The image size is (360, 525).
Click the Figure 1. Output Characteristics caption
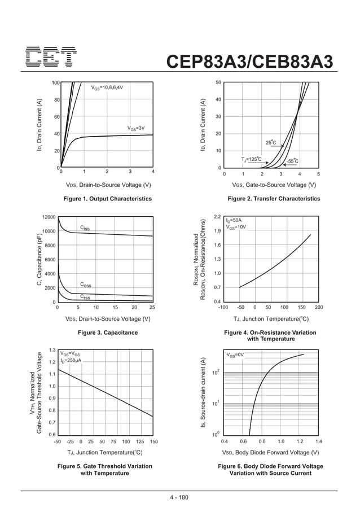click(108, 199)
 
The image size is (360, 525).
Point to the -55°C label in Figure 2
click(292, 161)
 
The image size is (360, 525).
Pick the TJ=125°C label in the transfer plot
click(251, 160)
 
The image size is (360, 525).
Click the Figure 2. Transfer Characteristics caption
click(274, 199)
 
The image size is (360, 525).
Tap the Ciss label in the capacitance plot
click(85, 228)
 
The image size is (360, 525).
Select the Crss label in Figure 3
click(85, 296)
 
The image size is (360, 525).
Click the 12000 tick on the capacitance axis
click(49, 217)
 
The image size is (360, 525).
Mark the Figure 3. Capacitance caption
click(108, 333)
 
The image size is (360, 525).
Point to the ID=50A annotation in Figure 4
click(233, 220)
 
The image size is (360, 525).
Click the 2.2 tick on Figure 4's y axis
click(217, 217)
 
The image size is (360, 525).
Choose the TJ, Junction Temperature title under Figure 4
click(270, 319)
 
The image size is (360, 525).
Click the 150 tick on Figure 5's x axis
click(153, 441)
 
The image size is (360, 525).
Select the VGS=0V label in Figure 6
click(235, 355)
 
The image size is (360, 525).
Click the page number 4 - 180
click(180, 497)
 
